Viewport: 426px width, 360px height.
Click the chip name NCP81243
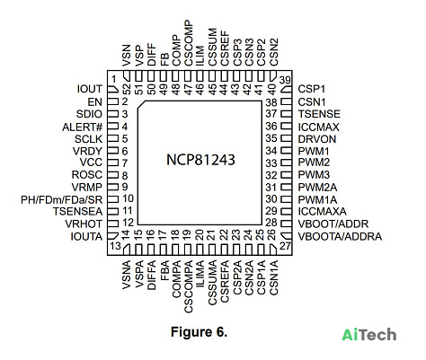click(x=200, y=160)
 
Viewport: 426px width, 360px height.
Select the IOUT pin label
click(x=90, y=89)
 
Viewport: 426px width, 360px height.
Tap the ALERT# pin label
click(x=83, y=127)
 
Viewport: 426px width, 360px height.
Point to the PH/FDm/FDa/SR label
click(x=61, y=199)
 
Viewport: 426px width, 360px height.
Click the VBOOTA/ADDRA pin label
click(x=340, y=236)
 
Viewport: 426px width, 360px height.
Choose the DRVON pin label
click(x=317, y=139)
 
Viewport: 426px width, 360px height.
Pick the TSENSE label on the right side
click(x=319, y=114)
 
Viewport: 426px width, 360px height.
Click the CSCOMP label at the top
click(x=189, y=43)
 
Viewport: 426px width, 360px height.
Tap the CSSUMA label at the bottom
click(x=212, y=283)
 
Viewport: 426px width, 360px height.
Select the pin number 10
click(x=128, y=198)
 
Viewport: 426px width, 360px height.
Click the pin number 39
click(x=285, y=80)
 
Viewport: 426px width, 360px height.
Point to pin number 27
click(x=285, y=246)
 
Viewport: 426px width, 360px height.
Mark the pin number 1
click(x=113, y=79)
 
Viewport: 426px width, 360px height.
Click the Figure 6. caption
click(x=199, y=332)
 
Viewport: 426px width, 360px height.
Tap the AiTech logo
click(x=369, y=335)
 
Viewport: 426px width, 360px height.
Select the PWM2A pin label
click(x=317, y=188)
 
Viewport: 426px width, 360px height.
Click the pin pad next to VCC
click(x=113, y=162)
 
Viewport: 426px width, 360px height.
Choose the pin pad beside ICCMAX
click(x=286, y=127)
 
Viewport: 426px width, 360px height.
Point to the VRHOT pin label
click(x=84, y=224)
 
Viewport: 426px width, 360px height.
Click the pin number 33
click(x=271, y=163)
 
